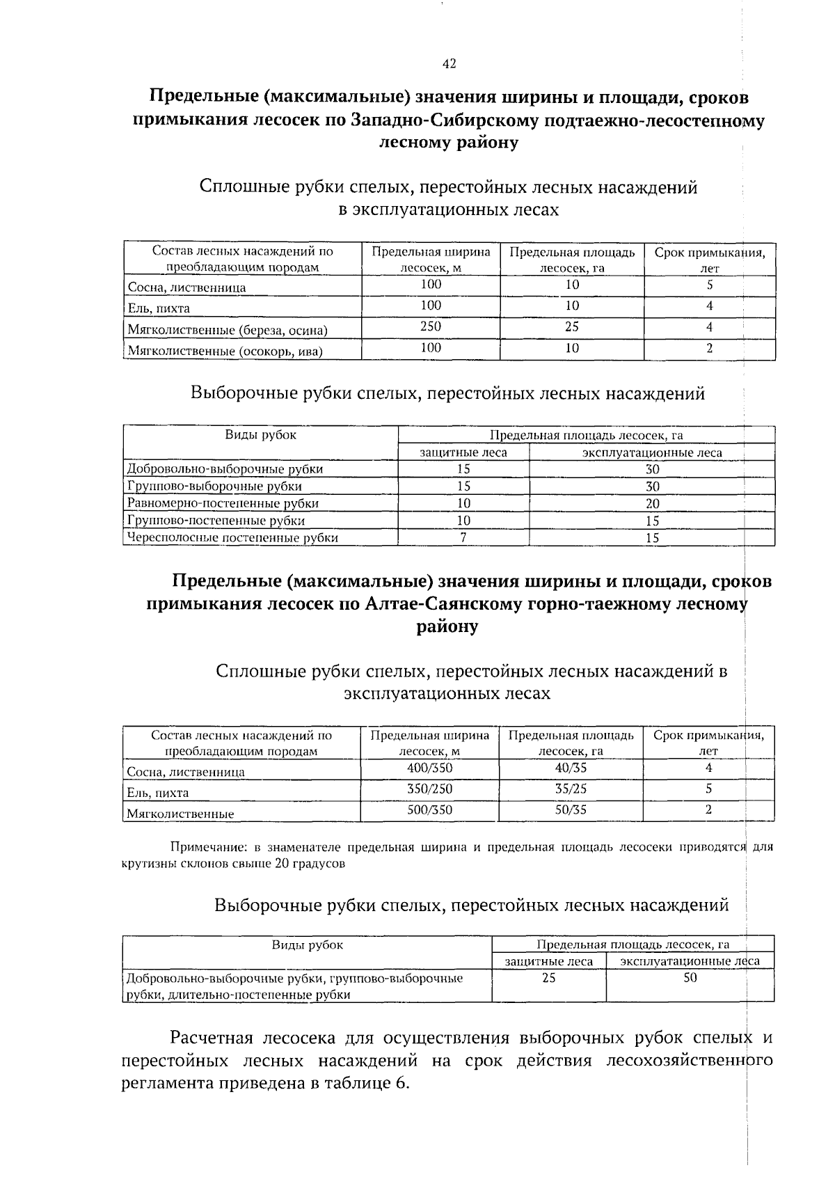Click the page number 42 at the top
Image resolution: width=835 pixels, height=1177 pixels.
point(449,64)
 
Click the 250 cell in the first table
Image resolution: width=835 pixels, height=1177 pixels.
point(431,326)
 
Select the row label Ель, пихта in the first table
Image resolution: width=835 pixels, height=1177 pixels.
point(159,308)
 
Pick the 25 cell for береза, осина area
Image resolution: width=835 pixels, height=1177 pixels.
point(571,326)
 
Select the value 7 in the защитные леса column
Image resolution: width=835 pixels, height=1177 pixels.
point(463,537)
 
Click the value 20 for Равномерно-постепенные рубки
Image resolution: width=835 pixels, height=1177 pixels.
point(652,503)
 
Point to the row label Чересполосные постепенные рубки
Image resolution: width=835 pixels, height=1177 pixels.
point(232,537)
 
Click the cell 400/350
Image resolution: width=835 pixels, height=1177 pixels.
point(429,768)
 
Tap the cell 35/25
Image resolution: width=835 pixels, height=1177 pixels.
point(571,789)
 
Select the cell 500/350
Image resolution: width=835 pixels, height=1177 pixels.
point(429,809)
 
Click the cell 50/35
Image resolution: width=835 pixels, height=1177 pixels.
point(571,809)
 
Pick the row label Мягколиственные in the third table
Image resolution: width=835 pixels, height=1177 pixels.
point(180,814)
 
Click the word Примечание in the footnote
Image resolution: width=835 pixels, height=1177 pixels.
point(208,848)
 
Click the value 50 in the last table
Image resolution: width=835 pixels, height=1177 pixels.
point(690,978)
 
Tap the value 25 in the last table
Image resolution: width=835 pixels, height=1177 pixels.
point(548,978)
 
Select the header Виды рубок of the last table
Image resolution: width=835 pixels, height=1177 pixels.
point(307,945)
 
